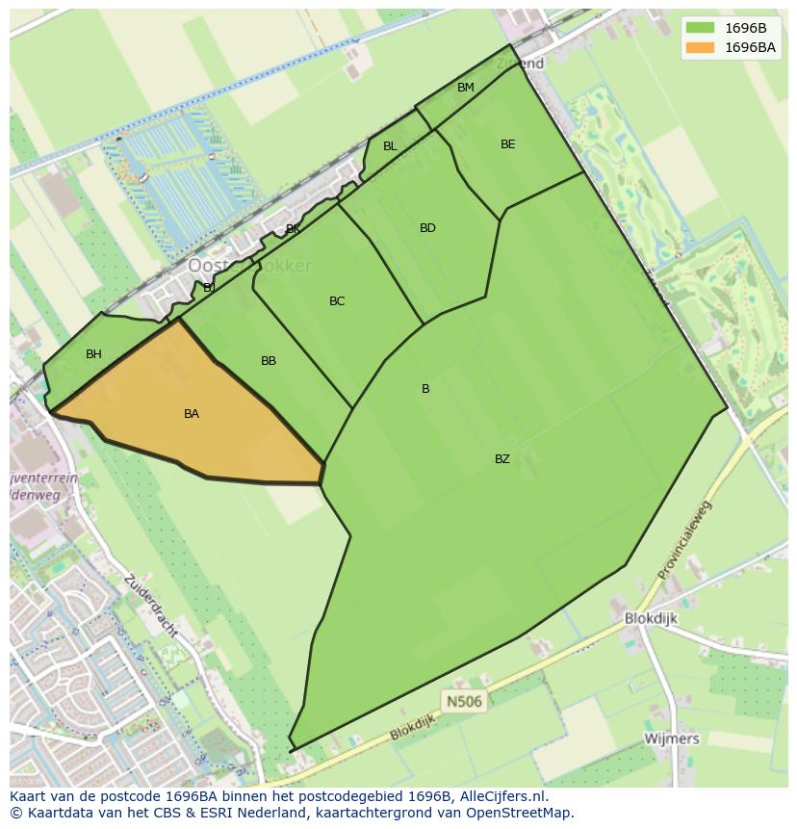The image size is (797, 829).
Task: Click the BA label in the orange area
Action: (x=192, y=414)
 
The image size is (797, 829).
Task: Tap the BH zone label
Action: (x=93, y=354)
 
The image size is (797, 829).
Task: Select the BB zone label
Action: (x=269, y=361)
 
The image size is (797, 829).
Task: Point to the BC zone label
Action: (x=337, y=301)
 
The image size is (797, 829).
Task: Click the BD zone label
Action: (x=427, y=228)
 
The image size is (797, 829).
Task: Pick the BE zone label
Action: (x=507, y=144)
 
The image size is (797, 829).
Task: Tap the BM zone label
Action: (x=466, y=88)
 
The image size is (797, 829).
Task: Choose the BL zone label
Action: (x=390, y=146)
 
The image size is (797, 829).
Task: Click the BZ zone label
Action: (x=502, y=459)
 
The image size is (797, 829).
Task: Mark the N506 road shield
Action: (x=463, y=701)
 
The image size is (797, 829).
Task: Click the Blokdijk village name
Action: (x=651, y=618)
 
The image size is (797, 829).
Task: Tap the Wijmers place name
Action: (x=672, y=738)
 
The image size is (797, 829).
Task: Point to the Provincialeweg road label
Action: (x=684, y=540)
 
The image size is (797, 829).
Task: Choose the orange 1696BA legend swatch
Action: (x=700, y=47)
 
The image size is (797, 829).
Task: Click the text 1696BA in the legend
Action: (x=750, y=47)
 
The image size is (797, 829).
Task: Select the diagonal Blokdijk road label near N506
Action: (x=413, y=727)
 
